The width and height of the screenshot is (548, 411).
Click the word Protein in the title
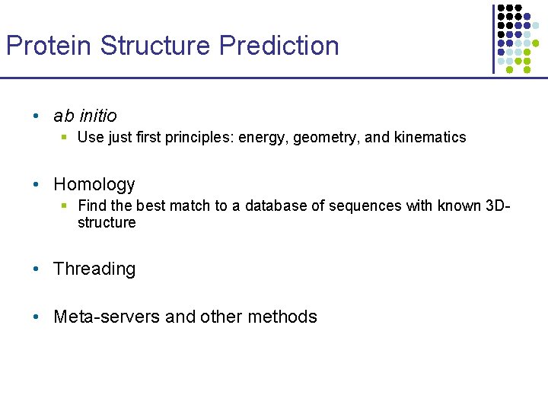(49, 46)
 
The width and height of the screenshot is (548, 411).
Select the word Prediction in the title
(279, 46)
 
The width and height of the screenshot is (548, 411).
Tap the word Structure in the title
(156, 46)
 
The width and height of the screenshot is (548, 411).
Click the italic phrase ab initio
(85, 116)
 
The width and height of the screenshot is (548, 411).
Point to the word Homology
(94, 184)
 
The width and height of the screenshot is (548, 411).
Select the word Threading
(94, 269)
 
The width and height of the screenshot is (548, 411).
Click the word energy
(263, 138)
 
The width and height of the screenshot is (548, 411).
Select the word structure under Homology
(107, 222)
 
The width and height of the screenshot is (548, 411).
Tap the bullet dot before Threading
(37, 269)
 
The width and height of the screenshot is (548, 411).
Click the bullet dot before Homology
(37, 185)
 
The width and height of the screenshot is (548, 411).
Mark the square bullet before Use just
(65, 138)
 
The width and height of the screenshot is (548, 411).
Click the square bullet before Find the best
(65, 205)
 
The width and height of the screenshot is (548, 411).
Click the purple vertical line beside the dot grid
(493, 38)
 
